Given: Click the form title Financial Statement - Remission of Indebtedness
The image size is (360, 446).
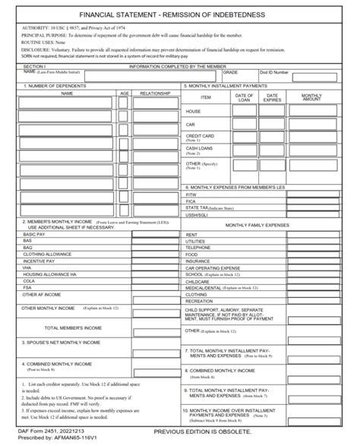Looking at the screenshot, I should [x=180, y=14].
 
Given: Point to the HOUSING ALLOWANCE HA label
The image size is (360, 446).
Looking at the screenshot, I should [x=50, y=274].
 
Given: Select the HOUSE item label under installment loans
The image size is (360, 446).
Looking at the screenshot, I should [x=194, y=111].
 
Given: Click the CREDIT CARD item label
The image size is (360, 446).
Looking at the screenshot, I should [x=199, y=136].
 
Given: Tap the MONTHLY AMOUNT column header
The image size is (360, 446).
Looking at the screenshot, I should [x=311, y=97].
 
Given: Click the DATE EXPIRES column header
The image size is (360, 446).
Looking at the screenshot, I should [x=272, y=97].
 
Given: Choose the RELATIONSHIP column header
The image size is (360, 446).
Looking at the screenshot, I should [x=155, y=93].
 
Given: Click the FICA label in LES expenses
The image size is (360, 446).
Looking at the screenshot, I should [x=191, y=201].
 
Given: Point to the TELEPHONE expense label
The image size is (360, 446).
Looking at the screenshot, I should [x=198, y=248].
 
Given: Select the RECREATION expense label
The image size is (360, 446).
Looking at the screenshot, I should [x=200, y=301].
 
